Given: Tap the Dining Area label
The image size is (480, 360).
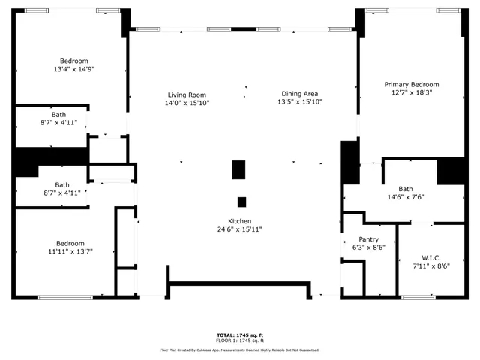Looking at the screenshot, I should tap(300, 94).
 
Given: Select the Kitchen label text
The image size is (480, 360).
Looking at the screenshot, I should tap(240, 221).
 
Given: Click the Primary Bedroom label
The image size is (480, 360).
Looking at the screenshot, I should tap(412, 85).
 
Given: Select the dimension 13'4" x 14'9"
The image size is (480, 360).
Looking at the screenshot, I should tap(74, 69).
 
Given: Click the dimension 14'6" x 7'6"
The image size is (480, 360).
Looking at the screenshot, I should tap(406, 197).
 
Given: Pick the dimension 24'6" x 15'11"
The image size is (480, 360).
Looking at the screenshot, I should tap(240, 229).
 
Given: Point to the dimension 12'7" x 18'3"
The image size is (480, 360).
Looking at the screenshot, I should tap(412, 93).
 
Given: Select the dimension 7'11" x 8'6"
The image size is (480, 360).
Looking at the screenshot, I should tap(431, 265).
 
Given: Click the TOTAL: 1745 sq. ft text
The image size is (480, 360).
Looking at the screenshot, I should tap(240, 334).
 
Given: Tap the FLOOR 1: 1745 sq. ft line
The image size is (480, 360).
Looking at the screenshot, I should tap(240, 340).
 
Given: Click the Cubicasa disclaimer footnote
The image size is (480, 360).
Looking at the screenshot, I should tap(240, 349).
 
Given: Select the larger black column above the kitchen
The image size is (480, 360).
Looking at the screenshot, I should tap(238, 170).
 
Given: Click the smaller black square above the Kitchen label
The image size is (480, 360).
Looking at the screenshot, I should tap(241, 202).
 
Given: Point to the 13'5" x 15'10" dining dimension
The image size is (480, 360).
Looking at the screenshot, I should tap(300, 102).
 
